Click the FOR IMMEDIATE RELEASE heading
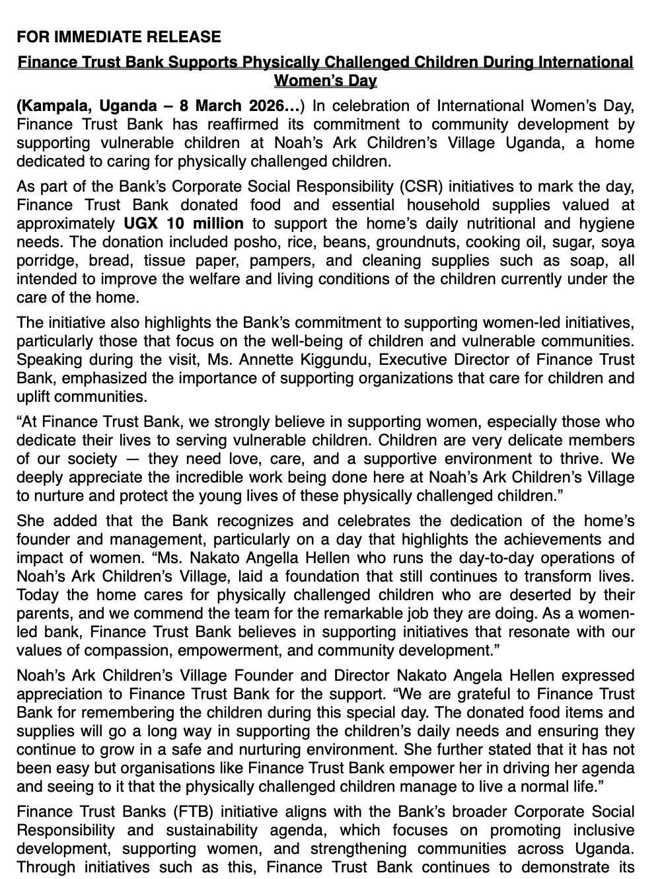(x=119, y=36)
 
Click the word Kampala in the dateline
(x=52, y=106)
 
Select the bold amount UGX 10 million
(x=183, y=223)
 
